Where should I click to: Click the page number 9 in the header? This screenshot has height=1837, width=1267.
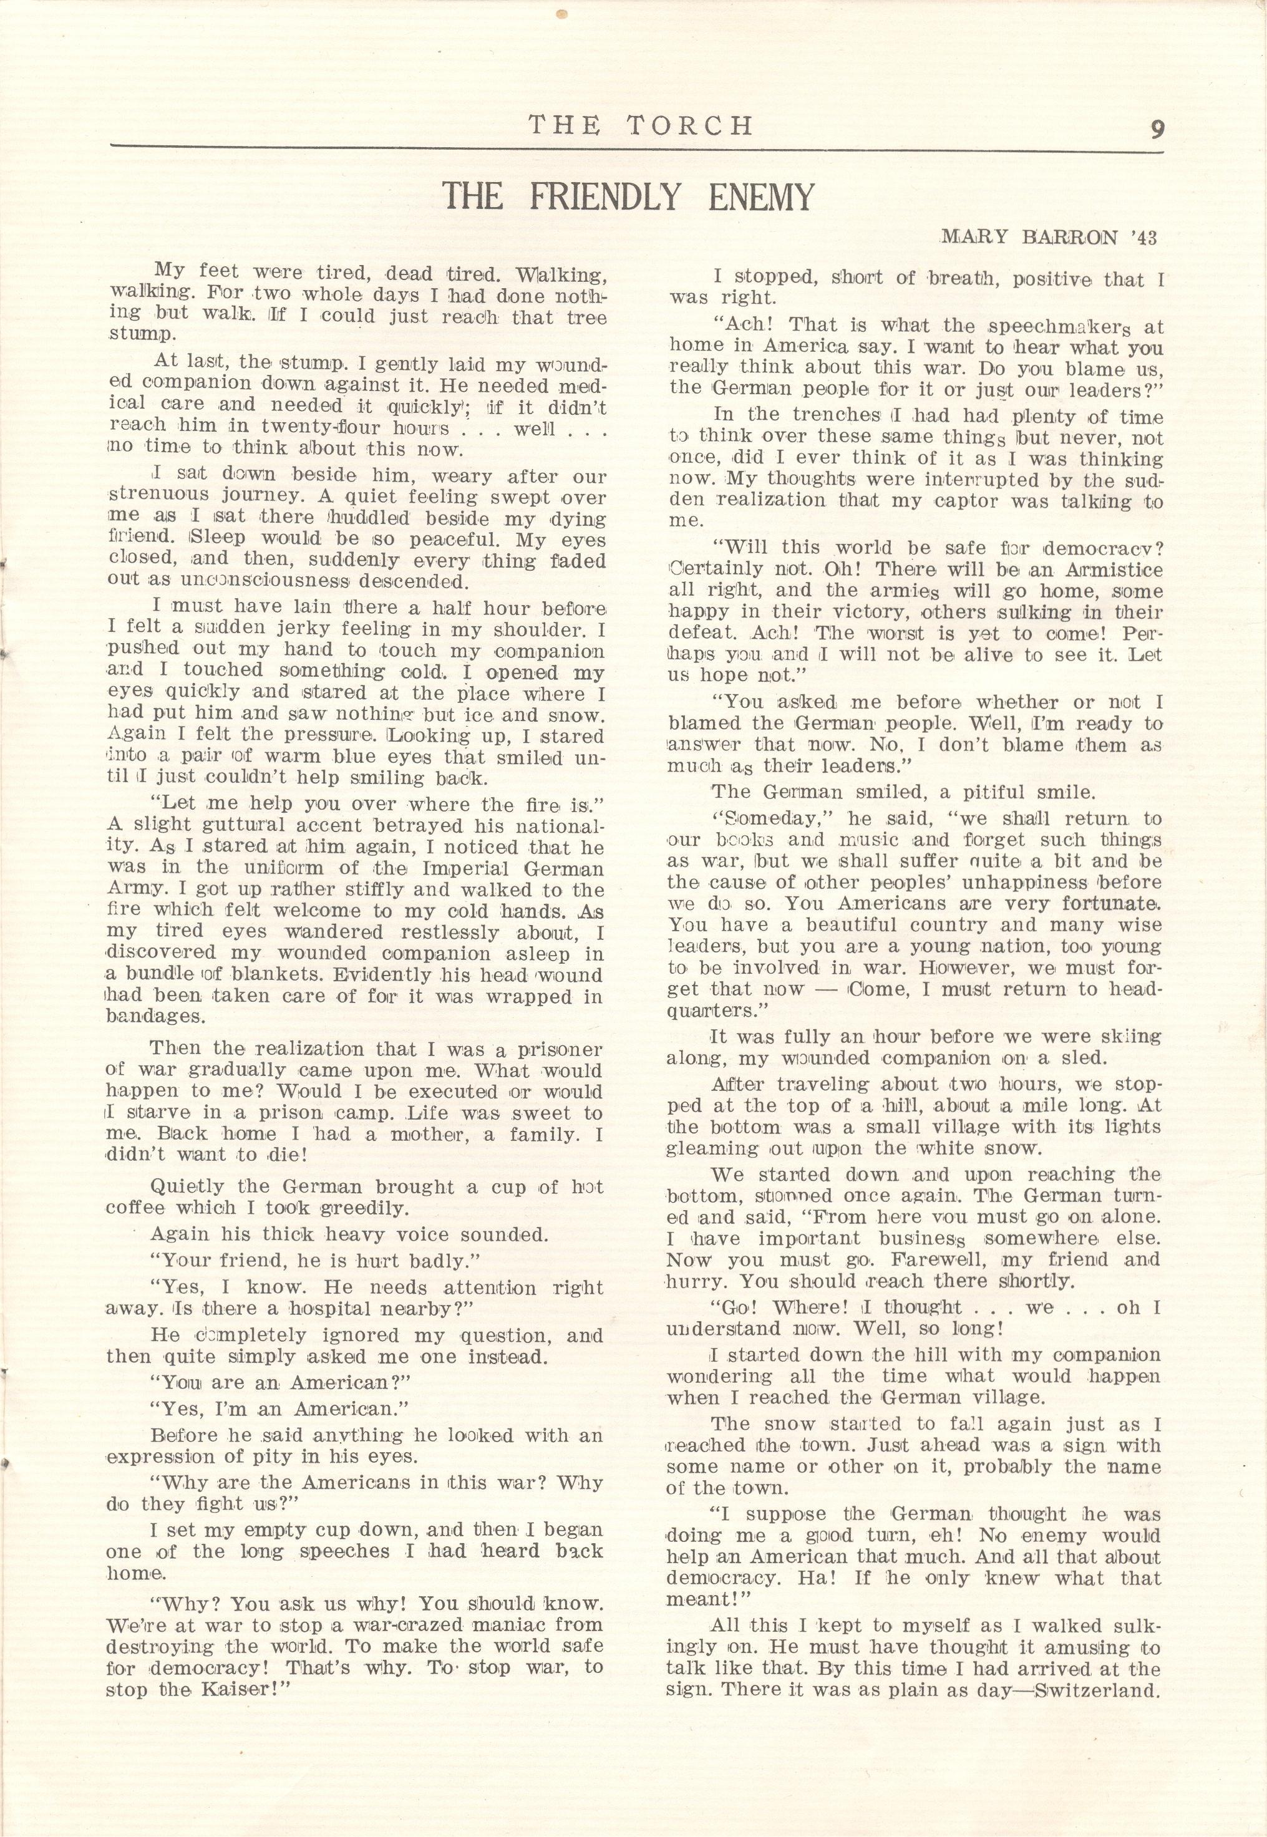(x=1156, y=128)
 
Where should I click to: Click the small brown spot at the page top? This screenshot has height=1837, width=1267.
(x=563, y=12)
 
